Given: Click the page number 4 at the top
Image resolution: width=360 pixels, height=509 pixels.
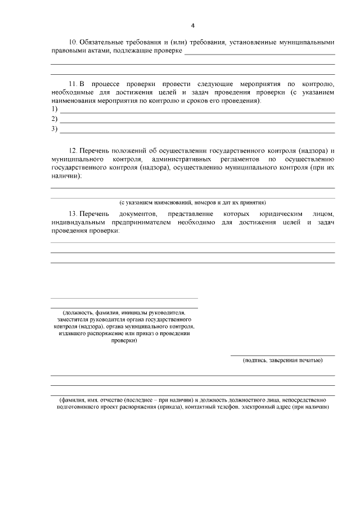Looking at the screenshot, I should click(192, 25).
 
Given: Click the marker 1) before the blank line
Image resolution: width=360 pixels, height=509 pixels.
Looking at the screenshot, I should click(55, 109).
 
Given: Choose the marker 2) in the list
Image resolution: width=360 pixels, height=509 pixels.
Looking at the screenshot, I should click(55, 119).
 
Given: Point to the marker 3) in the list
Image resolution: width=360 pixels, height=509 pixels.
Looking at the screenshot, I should click(55, 129).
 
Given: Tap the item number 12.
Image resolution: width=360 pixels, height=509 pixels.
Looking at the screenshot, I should click(73, 151).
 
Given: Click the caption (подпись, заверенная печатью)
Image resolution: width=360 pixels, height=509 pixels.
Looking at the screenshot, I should click(282, 360).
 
